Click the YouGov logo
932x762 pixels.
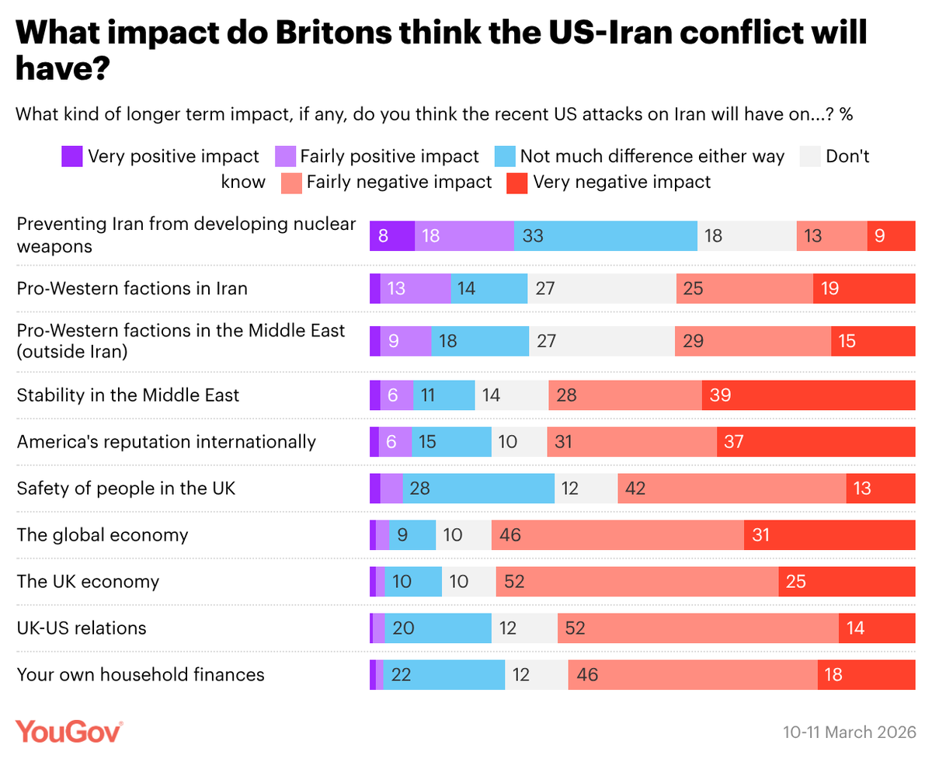[x=69, y=731]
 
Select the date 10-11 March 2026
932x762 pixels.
[x=849, y=732]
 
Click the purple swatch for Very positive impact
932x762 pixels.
[x=71, y=156]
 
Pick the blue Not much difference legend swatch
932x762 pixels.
[x=504, y=156]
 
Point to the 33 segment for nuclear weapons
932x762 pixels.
[x=605, y=235]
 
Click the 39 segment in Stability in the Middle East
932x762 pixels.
[x=809, y=395]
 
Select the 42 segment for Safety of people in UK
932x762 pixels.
[x=732, y=488]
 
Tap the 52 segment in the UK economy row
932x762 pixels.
[x=637, y=581]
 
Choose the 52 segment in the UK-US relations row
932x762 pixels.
[x=697, y=628]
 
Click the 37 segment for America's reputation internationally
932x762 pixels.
[x=815, y=441]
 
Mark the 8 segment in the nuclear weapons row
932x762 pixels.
[x=392, y=235]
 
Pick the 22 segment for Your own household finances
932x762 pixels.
[x=444, y=674]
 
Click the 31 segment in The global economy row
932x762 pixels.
[x=829, y=534]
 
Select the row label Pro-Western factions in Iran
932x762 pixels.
[x=132, y=288]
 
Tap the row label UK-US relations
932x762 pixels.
[x=82, y=628]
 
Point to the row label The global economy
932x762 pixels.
[x=103, y=534]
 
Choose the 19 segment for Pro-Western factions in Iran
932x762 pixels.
[x=864, y=289]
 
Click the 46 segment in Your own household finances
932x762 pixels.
[x=692, y=674]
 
